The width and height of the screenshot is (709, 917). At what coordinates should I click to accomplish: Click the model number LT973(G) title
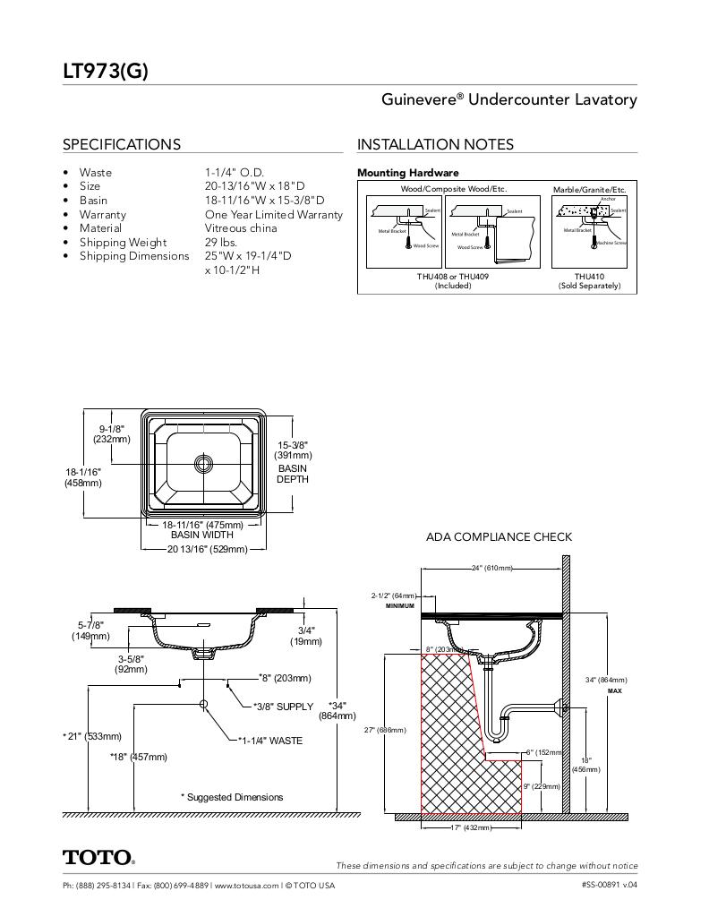(105, 72)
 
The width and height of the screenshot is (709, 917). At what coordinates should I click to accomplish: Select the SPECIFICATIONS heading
(121, 144)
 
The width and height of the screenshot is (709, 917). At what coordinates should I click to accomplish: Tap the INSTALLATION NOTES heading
(435, 144)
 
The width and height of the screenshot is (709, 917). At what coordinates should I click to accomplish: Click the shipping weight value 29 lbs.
(220, 243)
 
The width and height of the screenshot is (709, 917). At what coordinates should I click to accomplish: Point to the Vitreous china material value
(240, 228)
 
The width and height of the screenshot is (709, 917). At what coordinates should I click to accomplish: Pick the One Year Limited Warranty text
(273, 215)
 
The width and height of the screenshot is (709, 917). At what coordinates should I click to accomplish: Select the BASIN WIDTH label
(201, 536)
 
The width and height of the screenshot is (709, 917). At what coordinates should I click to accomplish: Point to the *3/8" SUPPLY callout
(283, 707)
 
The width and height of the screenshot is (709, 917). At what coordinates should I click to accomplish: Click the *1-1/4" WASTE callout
(270, 741)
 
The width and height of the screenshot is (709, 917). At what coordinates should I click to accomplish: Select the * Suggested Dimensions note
(232, 797)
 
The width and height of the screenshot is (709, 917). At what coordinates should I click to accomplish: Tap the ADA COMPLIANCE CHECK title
(499, 537)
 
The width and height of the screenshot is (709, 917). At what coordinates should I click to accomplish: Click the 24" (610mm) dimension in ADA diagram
(491, 568)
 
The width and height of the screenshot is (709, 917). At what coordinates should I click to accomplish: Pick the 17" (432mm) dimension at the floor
(471, 827)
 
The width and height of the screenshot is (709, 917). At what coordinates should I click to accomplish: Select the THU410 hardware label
(589, 277)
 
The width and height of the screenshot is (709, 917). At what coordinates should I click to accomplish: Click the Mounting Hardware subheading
(407, 173)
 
